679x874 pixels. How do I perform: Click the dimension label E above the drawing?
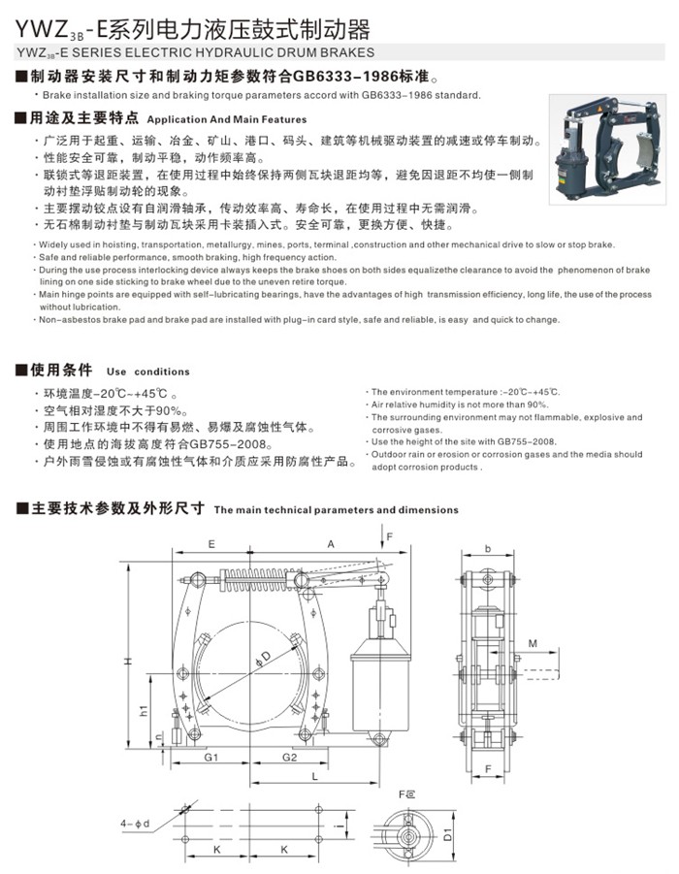[211, 545]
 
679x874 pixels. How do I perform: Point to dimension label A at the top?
[331, 545]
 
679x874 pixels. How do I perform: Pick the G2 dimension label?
[289, 757]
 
